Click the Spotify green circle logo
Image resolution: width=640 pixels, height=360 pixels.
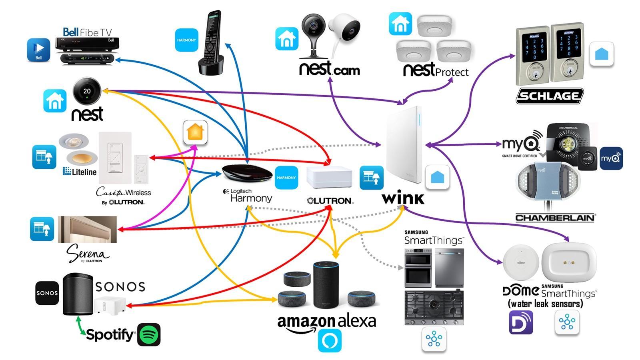coord(149,334)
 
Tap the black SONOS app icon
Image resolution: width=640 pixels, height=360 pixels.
coord(47,293)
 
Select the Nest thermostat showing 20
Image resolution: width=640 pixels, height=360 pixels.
coord(87,91)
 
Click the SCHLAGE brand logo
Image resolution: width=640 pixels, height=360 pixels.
coord(549,96)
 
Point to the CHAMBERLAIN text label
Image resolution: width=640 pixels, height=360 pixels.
coord(555,218)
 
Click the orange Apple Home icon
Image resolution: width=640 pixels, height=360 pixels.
coord(195,132)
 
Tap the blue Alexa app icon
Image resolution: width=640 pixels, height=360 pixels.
coord(330,340)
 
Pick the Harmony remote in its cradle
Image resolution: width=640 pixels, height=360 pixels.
coord(210,42)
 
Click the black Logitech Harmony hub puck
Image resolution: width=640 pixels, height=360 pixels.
coord(247,174)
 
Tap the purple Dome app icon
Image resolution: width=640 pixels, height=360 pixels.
coord(521,322)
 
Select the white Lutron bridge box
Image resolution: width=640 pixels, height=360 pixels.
coord(329,177)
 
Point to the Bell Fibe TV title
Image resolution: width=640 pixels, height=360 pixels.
coord(87,32)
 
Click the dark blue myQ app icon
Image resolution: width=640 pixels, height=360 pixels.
coord(611,158)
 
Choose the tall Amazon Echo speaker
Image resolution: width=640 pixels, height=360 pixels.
coord(326,284)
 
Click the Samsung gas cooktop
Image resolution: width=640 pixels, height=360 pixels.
coord(434,307)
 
